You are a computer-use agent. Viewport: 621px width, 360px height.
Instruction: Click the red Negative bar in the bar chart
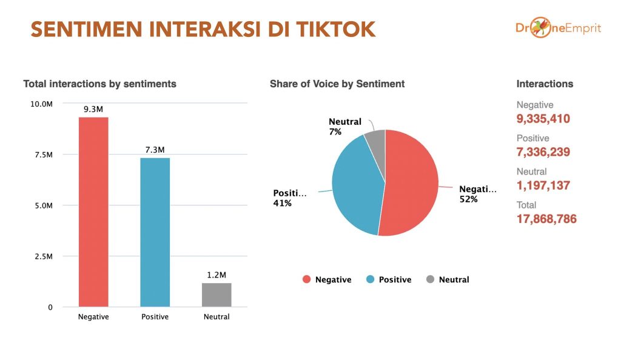[x=93, y=212]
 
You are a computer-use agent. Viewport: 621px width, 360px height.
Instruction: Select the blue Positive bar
[x=155, y=232]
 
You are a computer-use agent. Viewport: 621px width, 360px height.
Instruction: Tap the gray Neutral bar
[x=217, y=295]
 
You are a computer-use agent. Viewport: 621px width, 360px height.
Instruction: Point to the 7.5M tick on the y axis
[x=44, y=155]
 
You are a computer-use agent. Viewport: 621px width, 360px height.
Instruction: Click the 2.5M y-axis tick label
[x=44, y=256]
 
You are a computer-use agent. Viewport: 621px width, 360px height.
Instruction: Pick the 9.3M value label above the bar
[x=93, y=109]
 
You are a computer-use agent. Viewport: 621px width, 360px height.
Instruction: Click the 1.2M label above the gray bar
[x=217, y=275]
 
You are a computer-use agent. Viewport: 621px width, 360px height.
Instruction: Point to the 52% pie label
[x=469, y=199]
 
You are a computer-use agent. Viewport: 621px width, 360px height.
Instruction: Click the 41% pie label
[x=283, y=204]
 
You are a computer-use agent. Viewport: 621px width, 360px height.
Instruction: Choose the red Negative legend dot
[x=306, y=279]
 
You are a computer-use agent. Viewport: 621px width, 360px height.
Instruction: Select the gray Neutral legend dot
[x=430, y=279]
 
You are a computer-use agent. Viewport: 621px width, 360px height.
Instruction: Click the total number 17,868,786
[x=546, y=219]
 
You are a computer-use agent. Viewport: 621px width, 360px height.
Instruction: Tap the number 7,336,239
[x=543, y=152]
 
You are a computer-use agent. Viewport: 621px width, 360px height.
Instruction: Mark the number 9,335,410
[x=543, y=119]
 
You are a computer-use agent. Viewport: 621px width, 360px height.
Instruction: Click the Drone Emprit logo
[x=559, y=27]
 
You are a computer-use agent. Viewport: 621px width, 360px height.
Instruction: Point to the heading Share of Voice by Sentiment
[x=337, y=84]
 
